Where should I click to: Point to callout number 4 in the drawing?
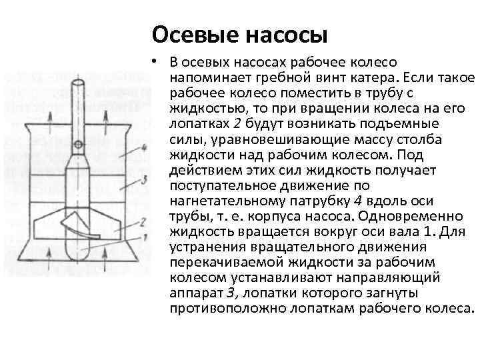tap(144, 147)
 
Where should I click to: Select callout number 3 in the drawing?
tap(144, 180)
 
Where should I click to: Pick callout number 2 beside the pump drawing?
tap(143, 220)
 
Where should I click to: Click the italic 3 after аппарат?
tap(231, 293)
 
